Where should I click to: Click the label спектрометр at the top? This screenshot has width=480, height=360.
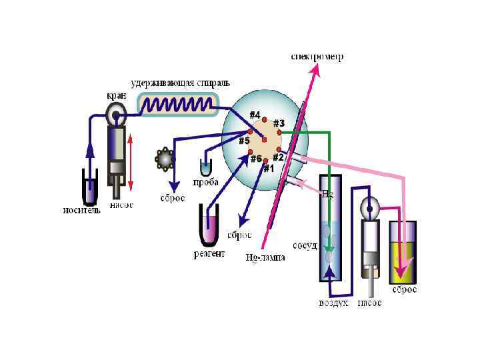tap(317, 57)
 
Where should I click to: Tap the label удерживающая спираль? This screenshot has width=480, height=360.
tap(180, 83)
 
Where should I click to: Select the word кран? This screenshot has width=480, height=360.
tap(117, 95)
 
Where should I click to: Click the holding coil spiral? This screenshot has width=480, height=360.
tap(178, 104)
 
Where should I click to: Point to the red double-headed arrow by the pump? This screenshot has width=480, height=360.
tap(131, 162)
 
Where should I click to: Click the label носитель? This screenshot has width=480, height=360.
tap(83, 211)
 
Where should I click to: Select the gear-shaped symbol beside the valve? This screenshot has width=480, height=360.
tap(164, 158)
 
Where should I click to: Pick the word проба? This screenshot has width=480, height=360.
tap(207, 182)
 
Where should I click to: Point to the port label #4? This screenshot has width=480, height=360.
tap(255, 115)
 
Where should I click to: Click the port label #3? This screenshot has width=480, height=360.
tap(279, 123)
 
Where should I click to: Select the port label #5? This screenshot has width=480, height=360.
tap(244, 141)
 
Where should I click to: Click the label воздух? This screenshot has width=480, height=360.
tap(332, 303)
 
